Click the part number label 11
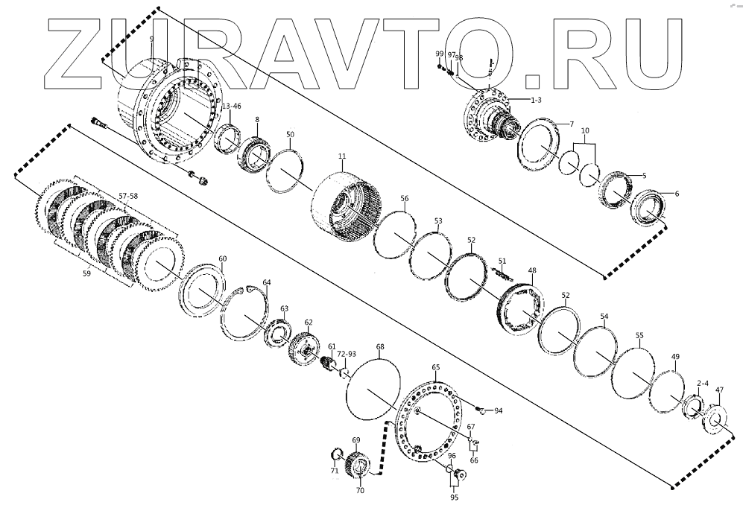(342, 157)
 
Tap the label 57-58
(129, 195)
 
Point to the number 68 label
(380, 347)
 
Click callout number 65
(436, 367)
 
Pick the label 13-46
(232, 107)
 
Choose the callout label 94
(498, 410)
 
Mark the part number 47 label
(719, 390)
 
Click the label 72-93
(347, 354)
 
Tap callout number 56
(404, 199)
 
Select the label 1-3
(536, 99)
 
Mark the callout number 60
(222, 258)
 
